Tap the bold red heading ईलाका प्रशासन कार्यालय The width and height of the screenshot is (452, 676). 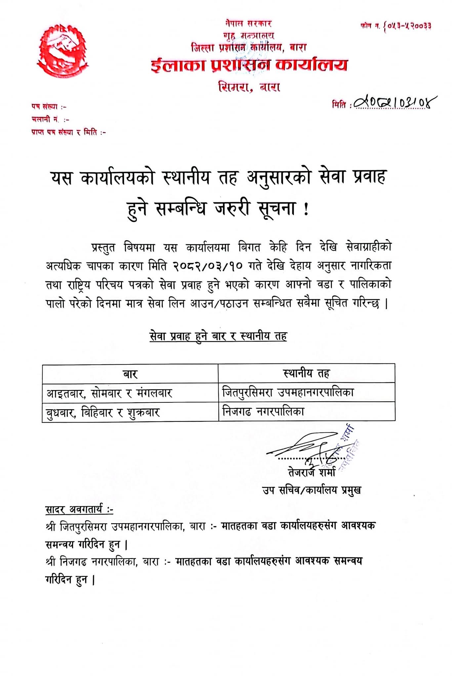[249, 65]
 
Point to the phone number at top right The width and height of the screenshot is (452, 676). [396, 26]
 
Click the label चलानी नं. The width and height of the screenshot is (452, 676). [50, 119]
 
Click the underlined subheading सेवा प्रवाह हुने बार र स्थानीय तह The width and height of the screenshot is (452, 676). [218, 336]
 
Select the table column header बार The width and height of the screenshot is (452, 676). [130, 374]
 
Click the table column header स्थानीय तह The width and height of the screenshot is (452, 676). [306, 373]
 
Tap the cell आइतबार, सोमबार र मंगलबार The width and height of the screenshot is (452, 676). [109, 393]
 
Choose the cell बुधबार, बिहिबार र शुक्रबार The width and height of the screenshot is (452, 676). [103, 413]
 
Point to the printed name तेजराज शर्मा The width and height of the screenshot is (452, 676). [311, 472]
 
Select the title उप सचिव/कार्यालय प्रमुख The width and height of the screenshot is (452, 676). [311, 490]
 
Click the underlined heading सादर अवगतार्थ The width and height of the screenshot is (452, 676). [79, 510]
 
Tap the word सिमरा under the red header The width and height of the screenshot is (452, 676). [234, 87]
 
